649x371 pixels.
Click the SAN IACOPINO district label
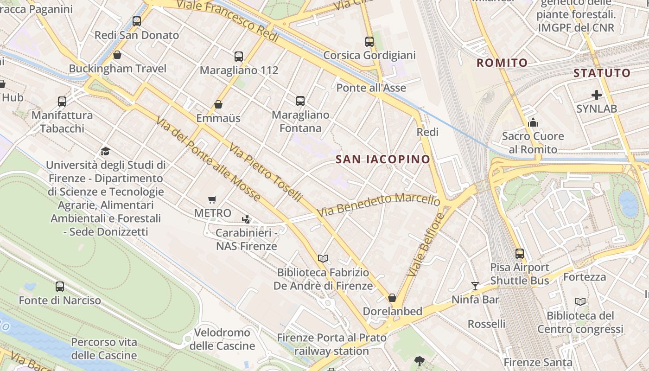(x=383, y=160)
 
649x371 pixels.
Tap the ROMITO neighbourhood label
(x=502, y=63)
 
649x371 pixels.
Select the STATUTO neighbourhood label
(x=602, y=73)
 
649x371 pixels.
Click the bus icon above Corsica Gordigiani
(x=369, y=42)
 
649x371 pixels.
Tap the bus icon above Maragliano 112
(x=239, y=57)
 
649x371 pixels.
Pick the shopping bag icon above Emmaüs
(x=218, y=105)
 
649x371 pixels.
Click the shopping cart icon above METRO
(x=212, y=200)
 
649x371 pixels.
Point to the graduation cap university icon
(x=105, y=151)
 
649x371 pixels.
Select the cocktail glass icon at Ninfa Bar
(x=475, y=286)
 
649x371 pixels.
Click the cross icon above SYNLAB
(x=597, y=96)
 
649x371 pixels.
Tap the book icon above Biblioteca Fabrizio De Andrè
(x=323, y=258)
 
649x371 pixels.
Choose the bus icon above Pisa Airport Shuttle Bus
(x=520, y=254)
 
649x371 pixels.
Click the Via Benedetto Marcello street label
(x=378, y=205)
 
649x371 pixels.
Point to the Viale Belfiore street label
(x=426, y=244)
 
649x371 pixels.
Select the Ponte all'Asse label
(x=371, y=88)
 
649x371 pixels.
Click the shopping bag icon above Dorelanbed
(x=392, y=298)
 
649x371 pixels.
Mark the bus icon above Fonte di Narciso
(x=60, y=287)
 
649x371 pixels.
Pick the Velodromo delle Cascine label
(x=222, y=339)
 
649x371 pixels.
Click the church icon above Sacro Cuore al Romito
(x=533, y=122)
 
